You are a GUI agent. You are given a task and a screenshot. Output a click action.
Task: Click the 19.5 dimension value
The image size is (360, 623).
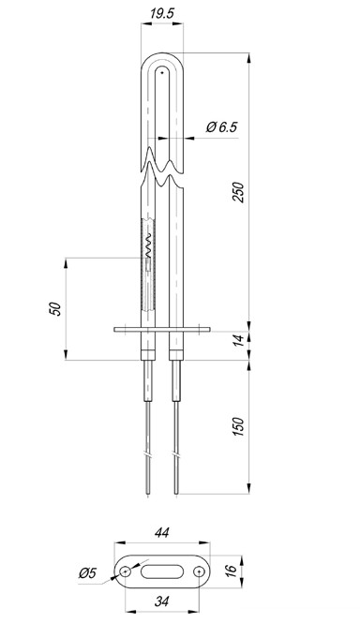pos(162,13)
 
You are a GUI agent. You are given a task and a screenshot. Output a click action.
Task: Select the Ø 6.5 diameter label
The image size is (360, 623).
pos(221,127)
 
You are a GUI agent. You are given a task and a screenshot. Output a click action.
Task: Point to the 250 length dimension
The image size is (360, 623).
pos(238,192)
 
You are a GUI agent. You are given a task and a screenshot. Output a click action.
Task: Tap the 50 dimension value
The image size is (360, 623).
pos(57,309)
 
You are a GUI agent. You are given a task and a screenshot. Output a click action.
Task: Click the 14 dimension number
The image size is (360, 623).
pos(238,340)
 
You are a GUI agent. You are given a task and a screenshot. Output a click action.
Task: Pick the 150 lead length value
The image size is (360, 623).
pos(238,426)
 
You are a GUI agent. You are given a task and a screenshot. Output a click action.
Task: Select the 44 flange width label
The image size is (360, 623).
pos(162,532)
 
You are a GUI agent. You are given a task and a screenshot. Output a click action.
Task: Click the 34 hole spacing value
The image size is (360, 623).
pos(161,601)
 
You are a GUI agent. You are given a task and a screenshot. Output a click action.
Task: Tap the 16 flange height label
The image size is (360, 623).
pos(232,571)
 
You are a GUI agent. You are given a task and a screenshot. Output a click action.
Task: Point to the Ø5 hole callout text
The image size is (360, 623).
pos(87,573)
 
